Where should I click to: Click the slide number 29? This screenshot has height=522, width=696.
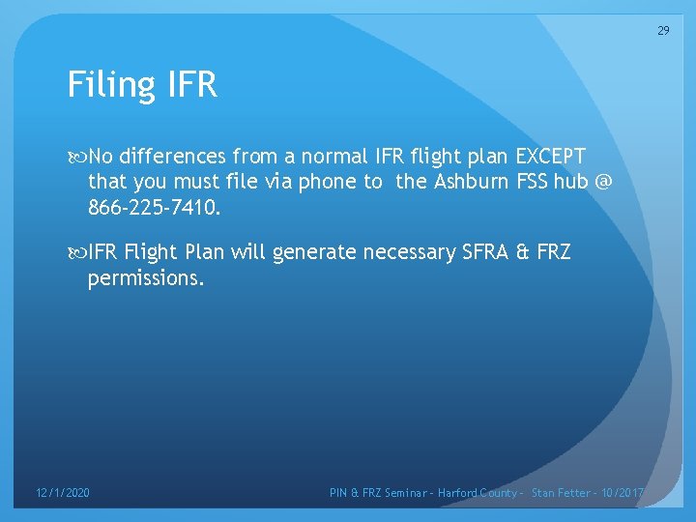click(663, 30)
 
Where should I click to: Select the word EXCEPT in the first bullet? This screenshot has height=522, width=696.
click(551, 157)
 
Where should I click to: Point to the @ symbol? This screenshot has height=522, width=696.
click(604, 182)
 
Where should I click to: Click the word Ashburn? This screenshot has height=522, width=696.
click(470, 182)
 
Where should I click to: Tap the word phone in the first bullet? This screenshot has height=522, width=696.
click(326, 182)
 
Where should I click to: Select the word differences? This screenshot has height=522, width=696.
click(173, 157)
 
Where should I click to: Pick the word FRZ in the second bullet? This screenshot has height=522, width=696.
click(553, 252)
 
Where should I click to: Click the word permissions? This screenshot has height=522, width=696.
click(146, 278)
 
